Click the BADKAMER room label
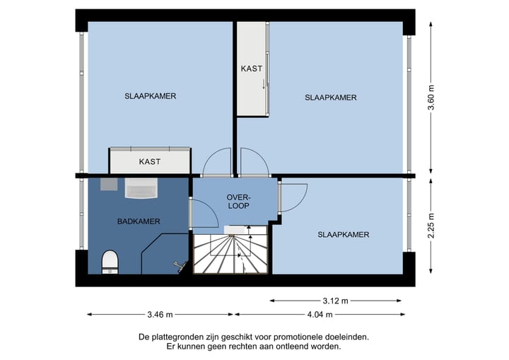tap(139, 221)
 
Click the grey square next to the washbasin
tap(109, 184)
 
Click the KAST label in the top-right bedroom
tap(252, 69)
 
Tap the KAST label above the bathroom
tap(150, 161)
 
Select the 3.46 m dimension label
tap(160, 315)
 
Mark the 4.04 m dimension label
tap(318, 315)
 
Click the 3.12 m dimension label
tap(336, 301)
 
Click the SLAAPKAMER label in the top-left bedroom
tap(150, 96)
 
